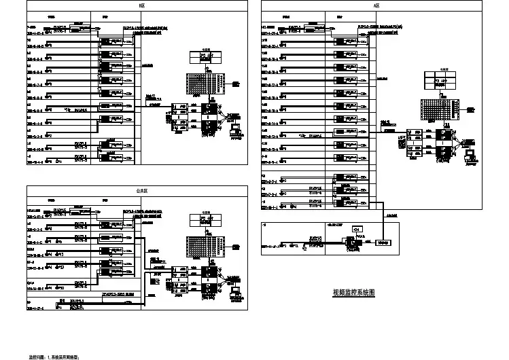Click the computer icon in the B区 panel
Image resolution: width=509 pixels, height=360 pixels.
(236, 128)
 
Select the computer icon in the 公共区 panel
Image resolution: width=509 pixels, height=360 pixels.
(236, 292)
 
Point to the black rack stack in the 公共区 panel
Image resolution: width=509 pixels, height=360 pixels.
(212, 282)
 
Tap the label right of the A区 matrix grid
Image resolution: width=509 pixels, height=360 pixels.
(470, 109)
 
